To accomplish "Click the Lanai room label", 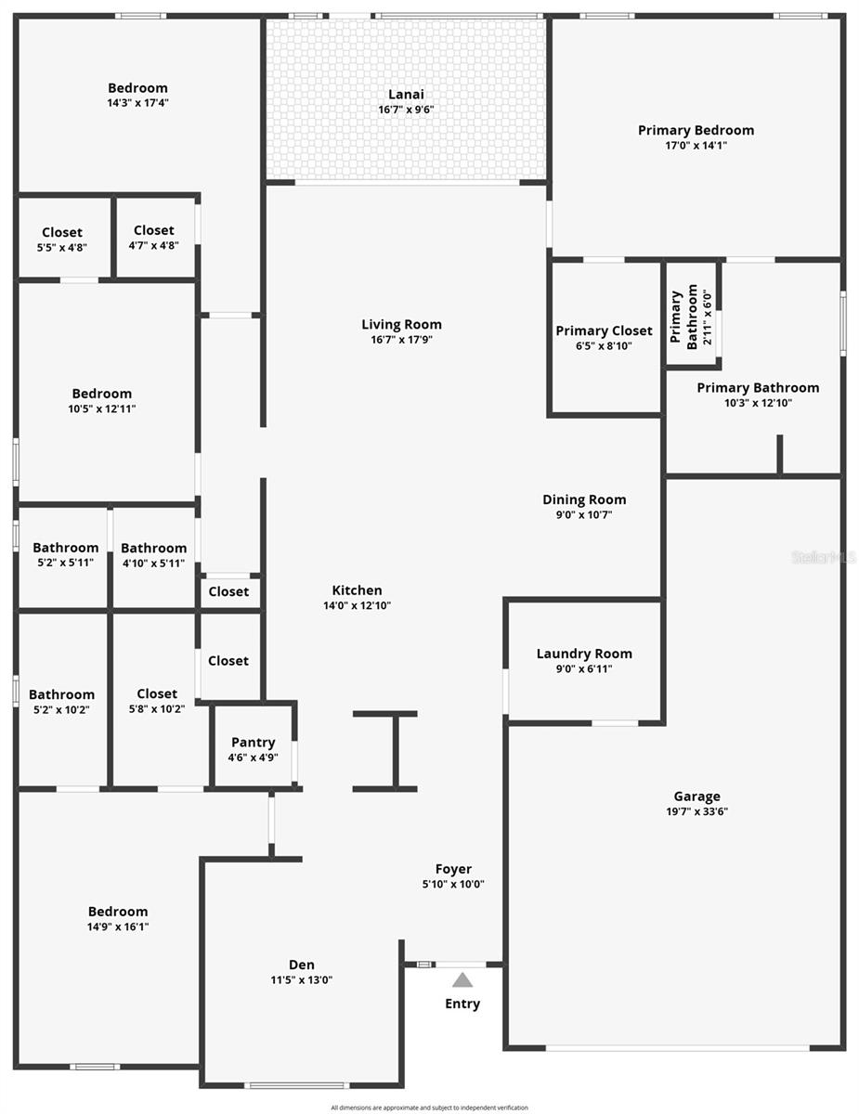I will click(406, 94).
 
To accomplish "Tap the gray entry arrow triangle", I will click(462, 979).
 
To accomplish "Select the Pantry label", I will click(254, 742).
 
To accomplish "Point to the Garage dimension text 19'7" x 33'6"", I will click(696, 811).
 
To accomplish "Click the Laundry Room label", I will click(584, 654).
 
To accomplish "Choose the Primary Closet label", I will click(604, 330).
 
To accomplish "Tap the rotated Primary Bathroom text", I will click(684, 318).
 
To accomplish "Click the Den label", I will click(301, 965).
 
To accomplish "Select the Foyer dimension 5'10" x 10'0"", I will click(453, 885).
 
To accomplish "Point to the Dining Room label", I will click(584, 499).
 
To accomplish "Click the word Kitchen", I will click(357, 590).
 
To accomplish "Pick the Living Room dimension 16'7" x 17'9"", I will click(401, 340).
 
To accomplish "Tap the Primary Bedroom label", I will click(696, 130).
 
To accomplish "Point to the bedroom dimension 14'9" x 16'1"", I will click(118, 926).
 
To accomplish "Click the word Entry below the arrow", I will click(462, 1004).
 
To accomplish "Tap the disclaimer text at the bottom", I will click(429, 1108).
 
